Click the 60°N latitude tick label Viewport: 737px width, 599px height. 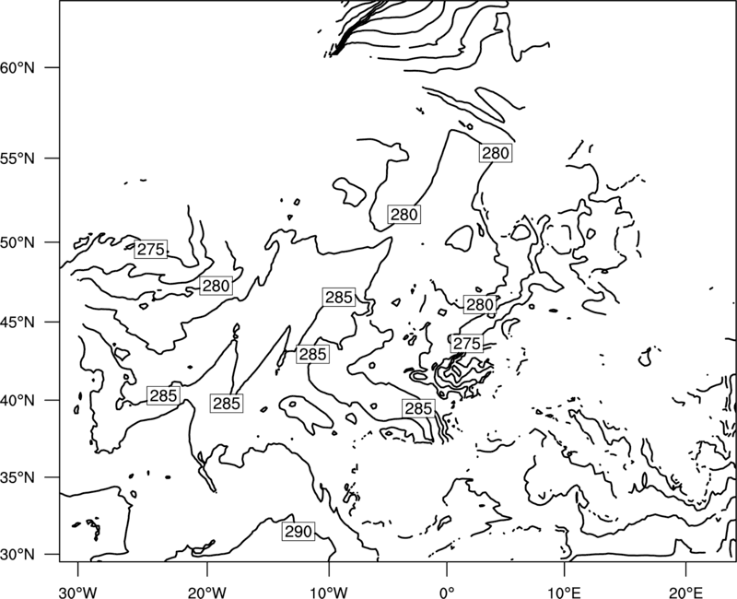tap(18, 68)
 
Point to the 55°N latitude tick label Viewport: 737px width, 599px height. tap(18, 159)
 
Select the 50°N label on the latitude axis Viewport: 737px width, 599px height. tap(18, 243)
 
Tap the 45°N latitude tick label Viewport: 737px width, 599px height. tap(18, 323)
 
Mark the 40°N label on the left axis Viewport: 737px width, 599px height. tap(18, 401)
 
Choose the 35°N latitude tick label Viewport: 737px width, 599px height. tap(18, 477)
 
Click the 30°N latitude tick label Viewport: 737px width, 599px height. tap(18, 555)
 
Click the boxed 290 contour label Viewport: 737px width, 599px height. tap(298, 532)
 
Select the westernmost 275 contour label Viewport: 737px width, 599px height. tap(151, 249)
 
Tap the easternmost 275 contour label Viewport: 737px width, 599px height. tap(467, 344)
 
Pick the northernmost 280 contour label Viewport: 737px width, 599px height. tap(496, 153)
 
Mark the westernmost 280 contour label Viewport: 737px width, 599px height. tap(216, 286)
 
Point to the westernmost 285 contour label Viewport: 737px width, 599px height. tap(163, 396)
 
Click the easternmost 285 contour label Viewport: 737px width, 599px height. tap(418, 408)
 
